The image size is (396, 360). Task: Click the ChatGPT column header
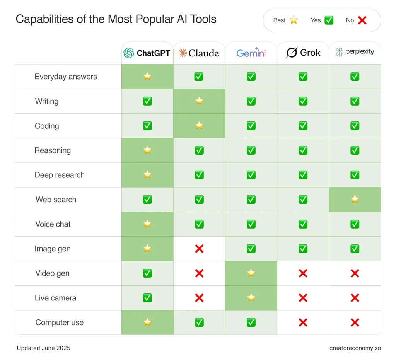pos(147,53)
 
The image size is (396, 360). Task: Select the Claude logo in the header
pos(183,53)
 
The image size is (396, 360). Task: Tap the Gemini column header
pos(251,53)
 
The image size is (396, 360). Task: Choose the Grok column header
pos(303,53)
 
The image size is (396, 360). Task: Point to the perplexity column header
pos(355,52)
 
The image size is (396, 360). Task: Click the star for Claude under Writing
pos(199,101)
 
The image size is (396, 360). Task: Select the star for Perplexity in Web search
pos(355,199)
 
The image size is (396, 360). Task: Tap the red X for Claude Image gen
pos(199,249)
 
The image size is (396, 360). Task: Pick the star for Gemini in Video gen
pos(251,273)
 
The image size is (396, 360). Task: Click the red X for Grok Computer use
pos(303,322)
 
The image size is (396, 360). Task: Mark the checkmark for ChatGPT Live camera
pos(147,298)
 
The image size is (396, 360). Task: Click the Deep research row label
pos(60,175)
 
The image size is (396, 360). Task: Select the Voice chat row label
pos(53,224)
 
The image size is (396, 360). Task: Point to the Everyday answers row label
pos(66,77)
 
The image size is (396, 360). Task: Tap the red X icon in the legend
pos(362,20)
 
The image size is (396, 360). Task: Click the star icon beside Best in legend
pos(294,20)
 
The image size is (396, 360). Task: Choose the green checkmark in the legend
pos(329,20)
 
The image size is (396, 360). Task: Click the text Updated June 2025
pos(43,348)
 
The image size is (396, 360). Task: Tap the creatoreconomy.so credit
pos(355,348)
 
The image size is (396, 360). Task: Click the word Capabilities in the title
pos(45,19)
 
